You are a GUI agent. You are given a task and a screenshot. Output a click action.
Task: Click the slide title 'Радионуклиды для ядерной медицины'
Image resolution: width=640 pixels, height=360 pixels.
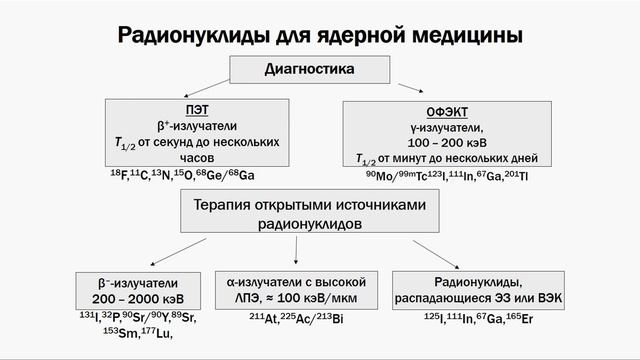tap(320, 35)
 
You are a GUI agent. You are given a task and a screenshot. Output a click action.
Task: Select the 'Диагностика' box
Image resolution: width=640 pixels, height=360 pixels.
tap(310, 71)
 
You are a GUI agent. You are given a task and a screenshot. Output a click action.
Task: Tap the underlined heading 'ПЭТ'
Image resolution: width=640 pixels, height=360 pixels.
tap(196, 110)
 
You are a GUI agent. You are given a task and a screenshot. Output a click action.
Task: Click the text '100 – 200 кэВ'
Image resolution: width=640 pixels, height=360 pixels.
tap(447, 143)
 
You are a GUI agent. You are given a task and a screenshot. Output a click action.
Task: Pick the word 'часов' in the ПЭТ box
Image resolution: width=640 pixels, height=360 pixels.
tap(197, 158)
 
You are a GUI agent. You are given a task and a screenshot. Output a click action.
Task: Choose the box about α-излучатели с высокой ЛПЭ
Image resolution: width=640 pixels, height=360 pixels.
tap(297, 289)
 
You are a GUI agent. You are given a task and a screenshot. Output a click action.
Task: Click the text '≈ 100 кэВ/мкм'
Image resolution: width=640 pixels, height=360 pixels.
tap(318, 298)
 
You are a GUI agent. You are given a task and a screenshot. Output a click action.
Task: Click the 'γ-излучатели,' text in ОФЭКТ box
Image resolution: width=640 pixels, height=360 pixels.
tap(447, 127)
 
